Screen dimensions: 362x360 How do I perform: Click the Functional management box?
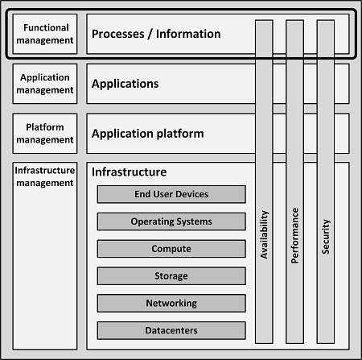pyautogui.click(x=45, y=34)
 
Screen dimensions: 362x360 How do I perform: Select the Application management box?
pyautogui.click(x=45, y=84)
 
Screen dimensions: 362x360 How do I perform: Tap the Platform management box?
pyautogui.click(x=45, y=134)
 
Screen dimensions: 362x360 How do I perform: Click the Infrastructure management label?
pyautogui.click(x=45, y=176)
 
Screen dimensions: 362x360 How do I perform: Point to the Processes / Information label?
pyautogui.click(x=156, y=34)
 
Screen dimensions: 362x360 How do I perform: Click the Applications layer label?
pyautogui.click(x=125, y=84)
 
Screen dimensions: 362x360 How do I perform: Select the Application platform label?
pyautogui.click(x=148, y=134)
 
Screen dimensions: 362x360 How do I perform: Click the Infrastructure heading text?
pyautogui.click(x=129, y=172)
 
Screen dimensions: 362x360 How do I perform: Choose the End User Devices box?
pyautogui.click(x=171, y=194)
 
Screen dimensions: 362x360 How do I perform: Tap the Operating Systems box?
pyautogui.click(x=171, y=221)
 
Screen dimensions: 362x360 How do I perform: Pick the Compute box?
pyautogui.click(x=171, y=249)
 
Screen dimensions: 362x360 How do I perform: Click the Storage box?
pyautogui.click(x=171, y=276)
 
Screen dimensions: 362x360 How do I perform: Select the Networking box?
pyautogui.click(x=171, y=303)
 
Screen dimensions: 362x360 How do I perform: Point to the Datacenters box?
pyautogui.click(x=171, y=330)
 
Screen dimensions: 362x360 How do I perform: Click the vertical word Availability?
pyautogui.click(x=265, y=234)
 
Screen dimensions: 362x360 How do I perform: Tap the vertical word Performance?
pyautogui.click(x=295, y=235)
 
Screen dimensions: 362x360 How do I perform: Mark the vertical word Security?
pyautogui.click(x=326, y=237)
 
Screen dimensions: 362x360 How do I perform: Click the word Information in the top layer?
pyautogui.click(x=188, y=34)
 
